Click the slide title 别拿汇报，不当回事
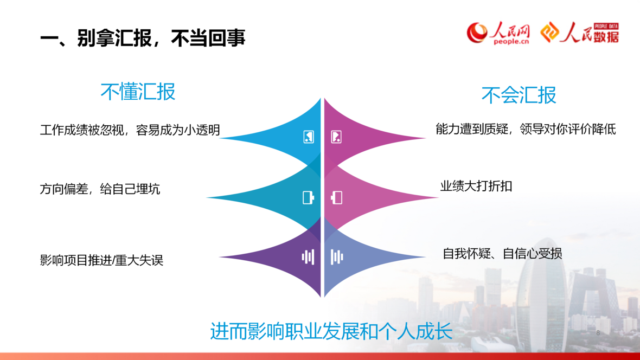[x=143, y=38]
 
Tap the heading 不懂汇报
[x=138, y=92]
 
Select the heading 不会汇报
[x=519, y=95]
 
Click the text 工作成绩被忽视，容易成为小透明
[x=130, y=130]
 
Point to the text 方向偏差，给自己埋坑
[x=100, y=189]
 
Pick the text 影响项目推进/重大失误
[x=101, y=260]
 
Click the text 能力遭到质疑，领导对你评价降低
[x=526, y=129]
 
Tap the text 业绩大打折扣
[x=476, y=186]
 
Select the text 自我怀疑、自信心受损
[x=502, y=254]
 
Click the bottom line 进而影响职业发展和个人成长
[x=331, y=331]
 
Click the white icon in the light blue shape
[x=309, y=137]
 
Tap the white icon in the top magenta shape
[x=336, y=137]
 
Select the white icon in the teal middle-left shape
[x=308, y=197]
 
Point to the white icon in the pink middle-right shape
[x=337, y=197]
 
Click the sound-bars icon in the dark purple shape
[x=308, y=257]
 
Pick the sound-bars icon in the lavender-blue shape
[x=337, y=257]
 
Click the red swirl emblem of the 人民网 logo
[x=477, y=33]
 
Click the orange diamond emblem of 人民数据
[x=550, y=32]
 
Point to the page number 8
[x=598, y=333]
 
